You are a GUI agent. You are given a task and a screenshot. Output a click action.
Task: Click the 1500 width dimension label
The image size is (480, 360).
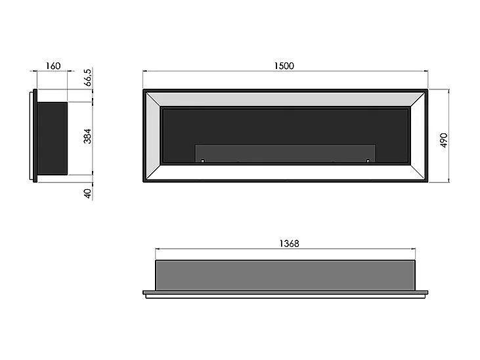[x=284, y=66]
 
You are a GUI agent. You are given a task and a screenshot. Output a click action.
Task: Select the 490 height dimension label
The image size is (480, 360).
[x=444, y=140]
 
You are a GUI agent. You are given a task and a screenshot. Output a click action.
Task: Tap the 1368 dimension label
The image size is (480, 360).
[x=290, y=244]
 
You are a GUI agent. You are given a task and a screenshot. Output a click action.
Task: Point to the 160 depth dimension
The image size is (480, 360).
[x=53, y=66]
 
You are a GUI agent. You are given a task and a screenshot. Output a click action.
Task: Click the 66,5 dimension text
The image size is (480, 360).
[x=87, y=78]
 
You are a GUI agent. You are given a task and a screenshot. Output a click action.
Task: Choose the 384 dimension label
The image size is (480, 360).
[x=87, y=137]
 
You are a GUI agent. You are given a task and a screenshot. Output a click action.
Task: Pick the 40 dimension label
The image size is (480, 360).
[x=87, y=194]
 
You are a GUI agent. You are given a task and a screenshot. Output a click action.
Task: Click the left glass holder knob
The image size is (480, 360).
[x=202, y=160]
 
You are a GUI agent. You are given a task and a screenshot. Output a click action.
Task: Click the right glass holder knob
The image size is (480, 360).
[x=368, y=160]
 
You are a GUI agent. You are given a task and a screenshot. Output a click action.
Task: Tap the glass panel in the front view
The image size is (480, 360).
[x=285, y=153]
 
